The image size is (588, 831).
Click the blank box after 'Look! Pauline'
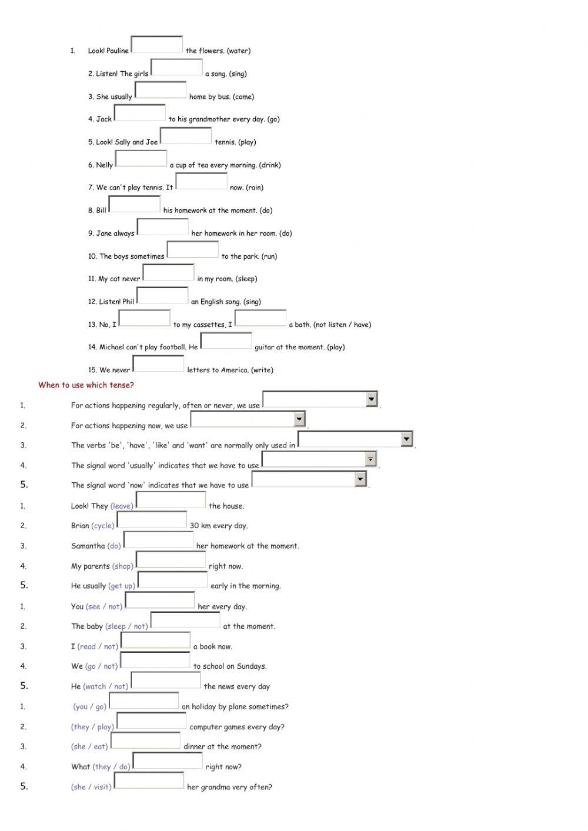(x=156, y=45)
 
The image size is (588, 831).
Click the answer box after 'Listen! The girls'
(x=176, y=68)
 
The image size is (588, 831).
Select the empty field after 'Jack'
(x=139, y=113)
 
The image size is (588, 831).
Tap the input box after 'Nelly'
(x=141, y=159)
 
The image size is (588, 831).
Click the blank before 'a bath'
(x=260, y=318)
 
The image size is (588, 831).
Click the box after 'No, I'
(x=145, y=318)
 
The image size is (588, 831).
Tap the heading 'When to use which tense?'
(x=86, y=385)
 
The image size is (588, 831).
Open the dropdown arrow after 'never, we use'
(x=371, y=399)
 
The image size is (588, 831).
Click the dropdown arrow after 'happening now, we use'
(x=299, y=419)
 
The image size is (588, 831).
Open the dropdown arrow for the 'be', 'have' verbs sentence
(x=406, y=439)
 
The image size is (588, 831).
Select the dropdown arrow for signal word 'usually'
(x=370, y=459)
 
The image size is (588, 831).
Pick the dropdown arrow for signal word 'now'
(x=360, y=479)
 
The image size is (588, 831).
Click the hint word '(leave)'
(x=122, y=506)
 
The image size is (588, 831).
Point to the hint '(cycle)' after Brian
(x=103, y=526)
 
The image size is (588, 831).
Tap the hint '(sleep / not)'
(x=126, y=626)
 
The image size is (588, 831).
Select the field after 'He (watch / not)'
(x=166, y=680)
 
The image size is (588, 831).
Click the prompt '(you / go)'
(x=90, y=707)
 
